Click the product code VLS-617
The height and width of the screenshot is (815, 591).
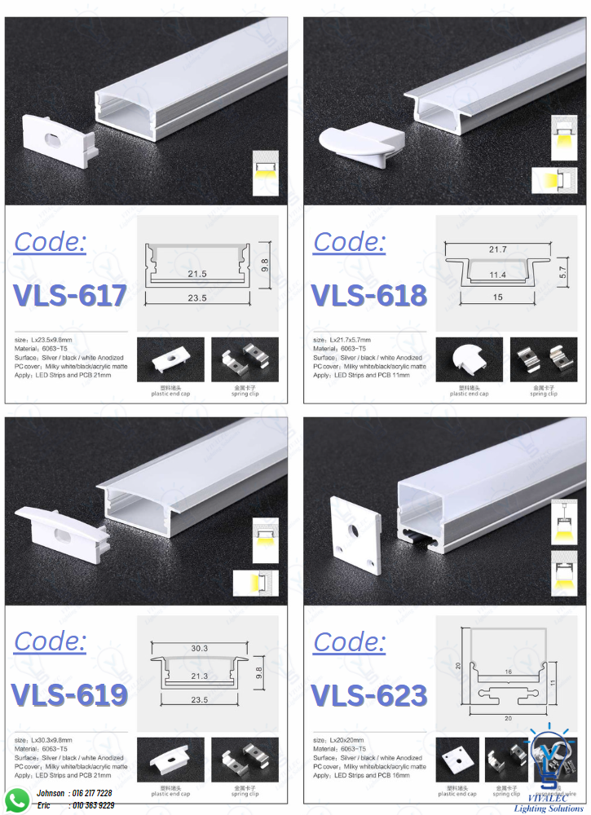(70, 295)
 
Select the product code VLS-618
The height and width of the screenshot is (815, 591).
(369, 295)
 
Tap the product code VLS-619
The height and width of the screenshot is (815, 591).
(70, 694)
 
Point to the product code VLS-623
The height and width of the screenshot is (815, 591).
(369, 694)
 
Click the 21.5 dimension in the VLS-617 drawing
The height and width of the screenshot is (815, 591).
(196, 274)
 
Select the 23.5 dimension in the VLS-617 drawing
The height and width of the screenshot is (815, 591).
(196, 298)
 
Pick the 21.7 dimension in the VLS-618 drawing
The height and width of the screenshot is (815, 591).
(497, 249)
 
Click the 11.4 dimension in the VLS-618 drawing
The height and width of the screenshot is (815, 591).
(497, 275)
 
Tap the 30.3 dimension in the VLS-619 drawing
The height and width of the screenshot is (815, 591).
(198, 648)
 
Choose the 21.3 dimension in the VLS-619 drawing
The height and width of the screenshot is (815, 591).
(198, 676)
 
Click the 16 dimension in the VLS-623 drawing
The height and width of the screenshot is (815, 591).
(508, 672)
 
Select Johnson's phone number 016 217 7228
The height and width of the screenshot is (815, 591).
(92, 793)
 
